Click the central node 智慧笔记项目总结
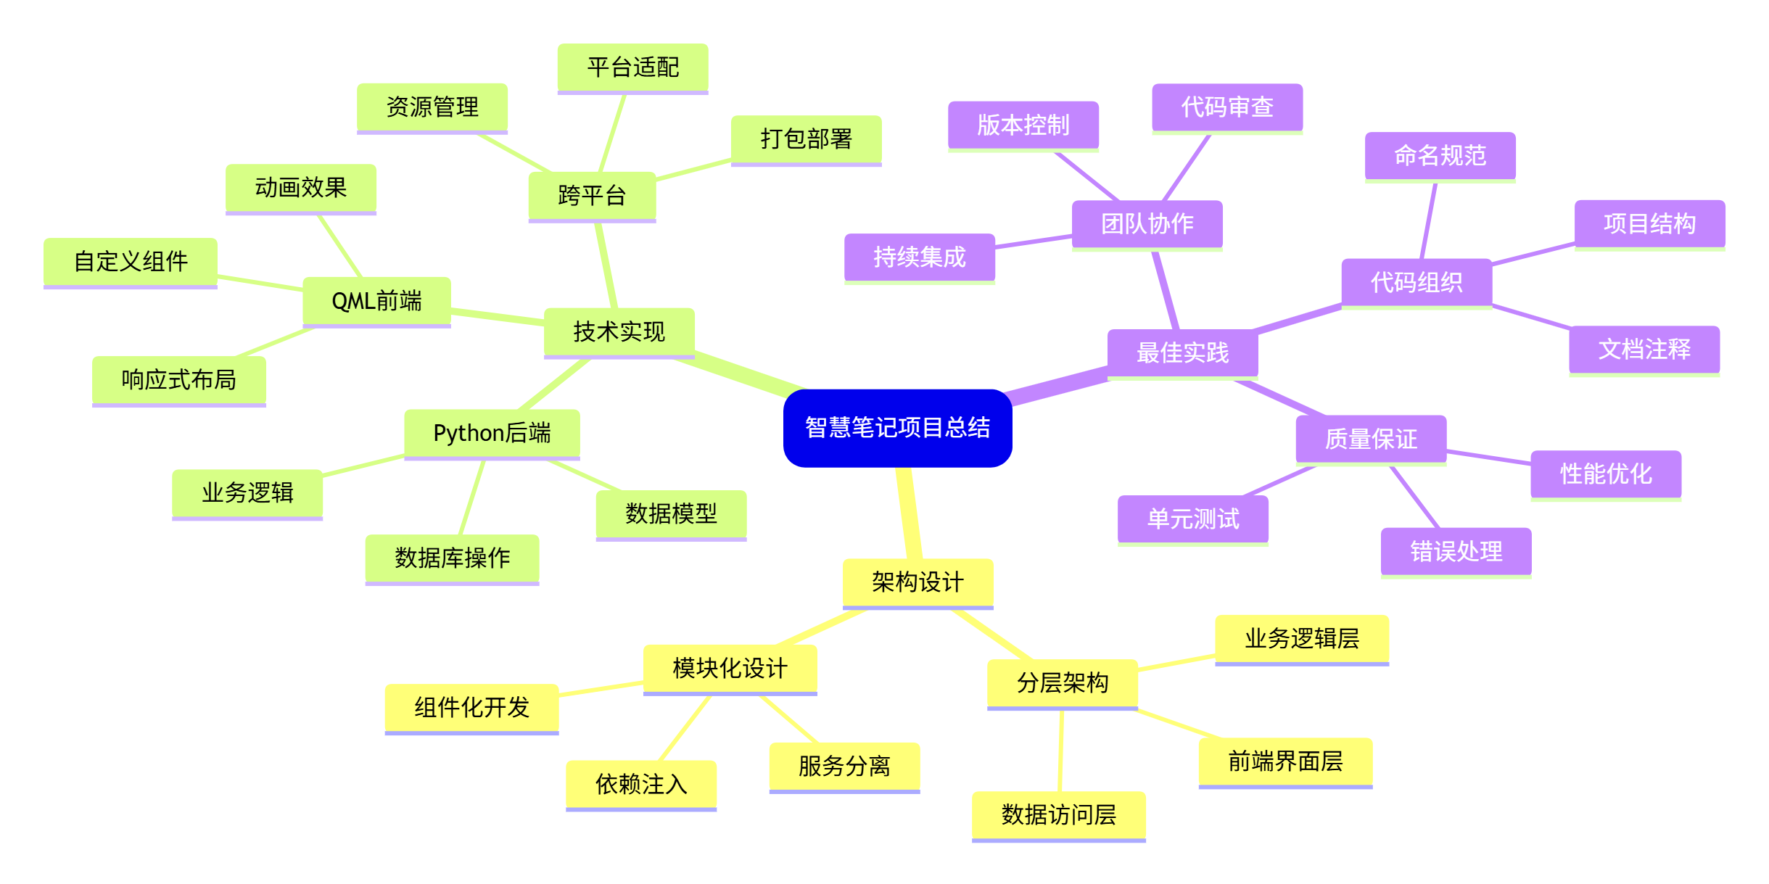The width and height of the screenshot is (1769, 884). tap(897, 428)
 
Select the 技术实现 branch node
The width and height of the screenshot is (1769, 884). tap(619, 332)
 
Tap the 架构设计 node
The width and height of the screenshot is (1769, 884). tap(918, 582)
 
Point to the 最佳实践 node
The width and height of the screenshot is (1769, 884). tap(1182, 353)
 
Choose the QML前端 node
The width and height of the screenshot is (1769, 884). tap(376, 301)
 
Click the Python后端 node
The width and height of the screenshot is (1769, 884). tap(492, 434)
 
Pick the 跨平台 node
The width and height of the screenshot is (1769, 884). tap(592, 196)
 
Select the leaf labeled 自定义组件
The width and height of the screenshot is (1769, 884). tap(131, 262)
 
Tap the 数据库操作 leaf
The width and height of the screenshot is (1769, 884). tap(452, 558)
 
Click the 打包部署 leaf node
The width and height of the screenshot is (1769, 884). tap(806, 139)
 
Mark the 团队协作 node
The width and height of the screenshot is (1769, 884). tap(1147, 224)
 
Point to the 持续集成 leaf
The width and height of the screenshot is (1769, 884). tap(919, 257)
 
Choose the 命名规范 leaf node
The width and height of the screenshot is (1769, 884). tap(1440, 156)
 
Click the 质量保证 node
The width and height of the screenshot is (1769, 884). tap(1371, 439)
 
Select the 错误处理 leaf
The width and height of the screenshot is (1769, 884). tap(1456, 552)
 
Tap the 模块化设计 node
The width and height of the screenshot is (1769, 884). tap(730, 669)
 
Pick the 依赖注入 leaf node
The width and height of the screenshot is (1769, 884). tap(641, 785)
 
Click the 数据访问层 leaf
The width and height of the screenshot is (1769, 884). tap(1058, 815)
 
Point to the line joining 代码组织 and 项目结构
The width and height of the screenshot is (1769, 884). tap(1533, 255)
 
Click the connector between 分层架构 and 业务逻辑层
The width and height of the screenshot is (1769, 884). tap(1176, 662)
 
